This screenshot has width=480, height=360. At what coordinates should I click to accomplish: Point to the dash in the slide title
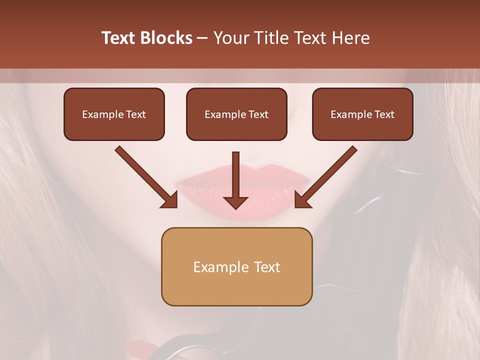(x=202, y=38)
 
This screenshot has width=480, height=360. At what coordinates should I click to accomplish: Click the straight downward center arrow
(x=236, y=175)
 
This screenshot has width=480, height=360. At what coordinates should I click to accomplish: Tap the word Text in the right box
(x=384, y=114)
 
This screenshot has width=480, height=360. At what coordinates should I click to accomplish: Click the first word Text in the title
(x=118, y=38)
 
